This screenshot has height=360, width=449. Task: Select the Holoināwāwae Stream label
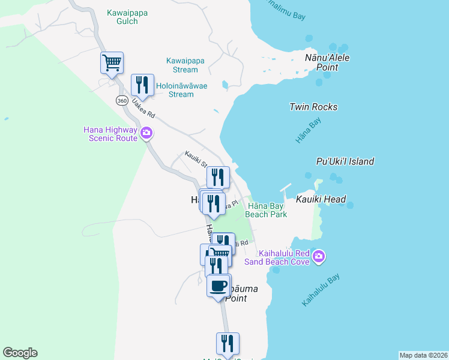[181, 90]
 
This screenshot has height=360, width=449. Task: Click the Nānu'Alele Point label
[327, 62]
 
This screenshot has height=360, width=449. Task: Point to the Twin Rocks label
[313, 107]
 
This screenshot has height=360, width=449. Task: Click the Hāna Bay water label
[309, 130]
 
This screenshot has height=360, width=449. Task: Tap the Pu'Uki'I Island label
[345, 161]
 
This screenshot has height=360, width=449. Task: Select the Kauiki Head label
[321, 199]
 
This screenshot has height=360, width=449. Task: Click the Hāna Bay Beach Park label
[266, 210]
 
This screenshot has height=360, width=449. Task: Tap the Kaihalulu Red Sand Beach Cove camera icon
[319, 257]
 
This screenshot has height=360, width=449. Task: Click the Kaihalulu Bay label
[321, 290]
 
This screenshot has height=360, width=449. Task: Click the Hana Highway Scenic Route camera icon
[146, 132]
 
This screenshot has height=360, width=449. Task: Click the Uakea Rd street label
[143, 108]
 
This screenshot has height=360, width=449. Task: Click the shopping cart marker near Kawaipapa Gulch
[112, 62]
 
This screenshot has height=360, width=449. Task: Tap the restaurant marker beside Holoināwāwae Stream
[142, 85]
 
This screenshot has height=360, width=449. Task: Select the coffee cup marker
[218, 286]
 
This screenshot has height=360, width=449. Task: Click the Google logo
[20, 353]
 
